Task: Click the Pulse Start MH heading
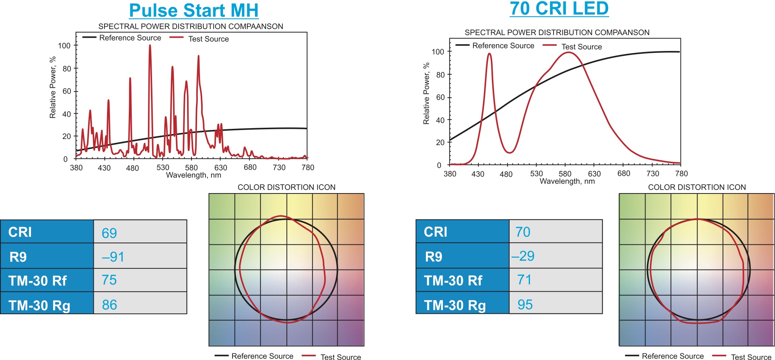pyautogui.click(x=194, y=10)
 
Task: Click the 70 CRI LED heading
pyautogui.click(x=559, y=8)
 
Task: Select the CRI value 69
pyautogui.click(x=109, y=233)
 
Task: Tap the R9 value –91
pyautogui.click(x=113, y=257)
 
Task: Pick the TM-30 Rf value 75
pyautogui.click(x=109, y=280)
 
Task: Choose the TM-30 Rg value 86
pyautogui.click(x=110, y=305)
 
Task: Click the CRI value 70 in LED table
pyautogui.click(x=523, y=232)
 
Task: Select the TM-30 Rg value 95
pyautogui.click(x=525, y=305)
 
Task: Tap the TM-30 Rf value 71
pyautogui.click(x=524, y=280)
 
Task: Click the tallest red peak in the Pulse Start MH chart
pyautogui.click(x=150, y=46)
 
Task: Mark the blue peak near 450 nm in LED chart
pyautogui.click(x=489, y=54)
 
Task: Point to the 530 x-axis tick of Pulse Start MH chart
pyautogui.click(x=163, y=168)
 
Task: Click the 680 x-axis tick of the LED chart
pyautogui.click(x=624, y=174)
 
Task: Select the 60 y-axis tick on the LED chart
pyautogui.click(x=440, y=97)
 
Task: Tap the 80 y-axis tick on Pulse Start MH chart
pyautogui.click(x=67, y=69)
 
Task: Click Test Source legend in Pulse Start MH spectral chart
pyautogui.click(x=209, y=39)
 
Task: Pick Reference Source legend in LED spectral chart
pyautogui.click(x=503, y=46)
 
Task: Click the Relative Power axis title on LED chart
pyautogui.click(x=426, y=93)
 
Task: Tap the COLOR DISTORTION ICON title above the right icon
pyautogui.click(x=697, y=187)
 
